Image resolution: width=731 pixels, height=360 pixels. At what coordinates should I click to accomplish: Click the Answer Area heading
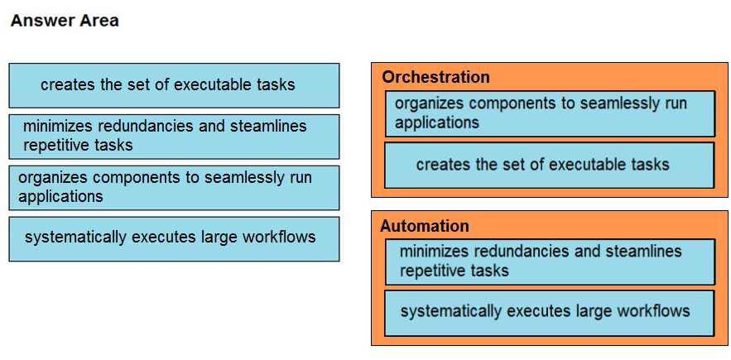[x=65, y=21]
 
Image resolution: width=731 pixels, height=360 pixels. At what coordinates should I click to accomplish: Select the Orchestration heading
[x=436, y=77]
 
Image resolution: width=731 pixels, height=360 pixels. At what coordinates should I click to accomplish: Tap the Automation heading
[x=425, y=226]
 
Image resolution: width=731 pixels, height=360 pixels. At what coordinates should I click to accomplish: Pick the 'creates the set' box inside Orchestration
[x=549, y=165]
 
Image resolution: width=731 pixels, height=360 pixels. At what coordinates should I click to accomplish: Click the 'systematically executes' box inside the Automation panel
[x=549, y=313]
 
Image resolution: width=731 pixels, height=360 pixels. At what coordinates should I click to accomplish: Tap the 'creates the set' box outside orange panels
[x=174, y=85]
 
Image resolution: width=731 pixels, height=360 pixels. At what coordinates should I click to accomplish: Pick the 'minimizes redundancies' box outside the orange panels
[x=174, y=137]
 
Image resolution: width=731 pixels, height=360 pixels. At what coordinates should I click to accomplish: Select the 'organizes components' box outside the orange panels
[x=174, y=188]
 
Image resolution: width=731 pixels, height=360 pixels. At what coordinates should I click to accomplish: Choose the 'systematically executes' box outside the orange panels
[x=174, y=238]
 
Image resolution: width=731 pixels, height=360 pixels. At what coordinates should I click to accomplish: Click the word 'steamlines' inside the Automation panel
[x=643, y=252]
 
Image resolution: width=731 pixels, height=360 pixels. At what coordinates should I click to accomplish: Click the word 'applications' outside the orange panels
[x=60, y=197]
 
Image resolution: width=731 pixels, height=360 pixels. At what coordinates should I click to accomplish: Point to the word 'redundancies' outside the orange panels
[x=147, y=126]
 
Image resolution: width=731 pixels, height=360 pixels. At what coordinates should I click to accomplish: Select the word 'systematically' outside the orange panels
[x=76, y=238]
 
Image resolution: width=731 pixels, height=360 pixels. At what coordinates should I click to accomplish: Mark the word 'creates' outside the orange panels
[x=68, y=84]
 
